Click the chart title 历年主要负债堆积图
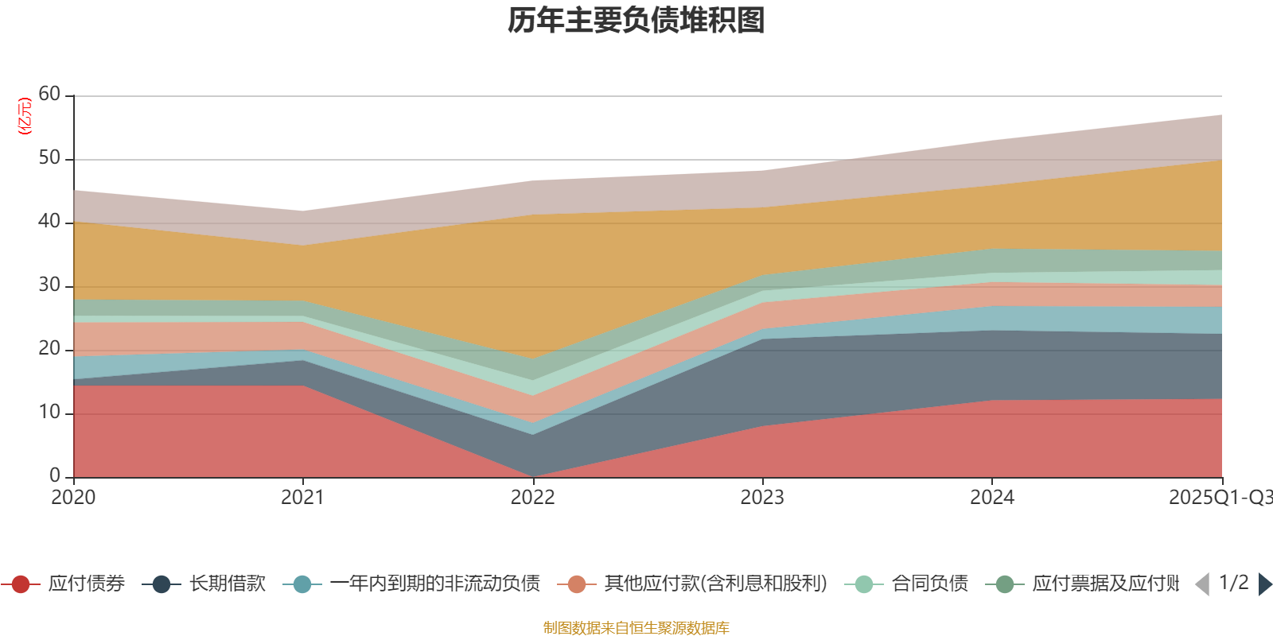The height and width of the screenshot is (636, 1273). point(636,21)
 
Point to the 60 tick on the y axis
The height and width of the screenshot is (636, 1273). point(49,95)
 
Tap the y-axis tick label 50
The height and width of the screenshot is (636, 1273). point(49,158)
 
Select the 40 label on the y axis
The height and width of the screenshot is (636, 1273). point(49,222)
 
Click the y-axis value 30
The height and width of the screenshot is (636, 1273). point(49,285)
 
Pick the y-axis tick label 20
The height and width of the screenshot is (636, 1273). point(49,349)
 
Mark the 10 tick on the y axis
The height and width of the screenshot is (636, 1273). point(49,413)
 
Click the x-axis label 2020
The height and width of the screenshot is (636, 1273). point(73,498)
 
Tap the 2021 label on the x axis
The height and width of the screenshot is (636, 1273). point(302,498)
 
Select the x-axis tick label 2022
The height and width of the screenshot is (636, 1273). point(532,498)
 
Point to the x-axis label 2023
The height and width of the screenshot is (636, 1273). point(762,498)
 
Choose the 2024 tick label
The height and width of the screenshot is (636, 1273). point(991,498)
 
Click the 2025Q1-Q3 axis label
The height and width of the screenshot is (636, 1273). point(1219,498)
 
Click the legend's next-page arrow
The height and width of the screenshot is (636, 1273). point(1264,584)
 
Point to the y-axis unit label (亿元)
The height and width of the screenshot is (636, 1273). point(25,116)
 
